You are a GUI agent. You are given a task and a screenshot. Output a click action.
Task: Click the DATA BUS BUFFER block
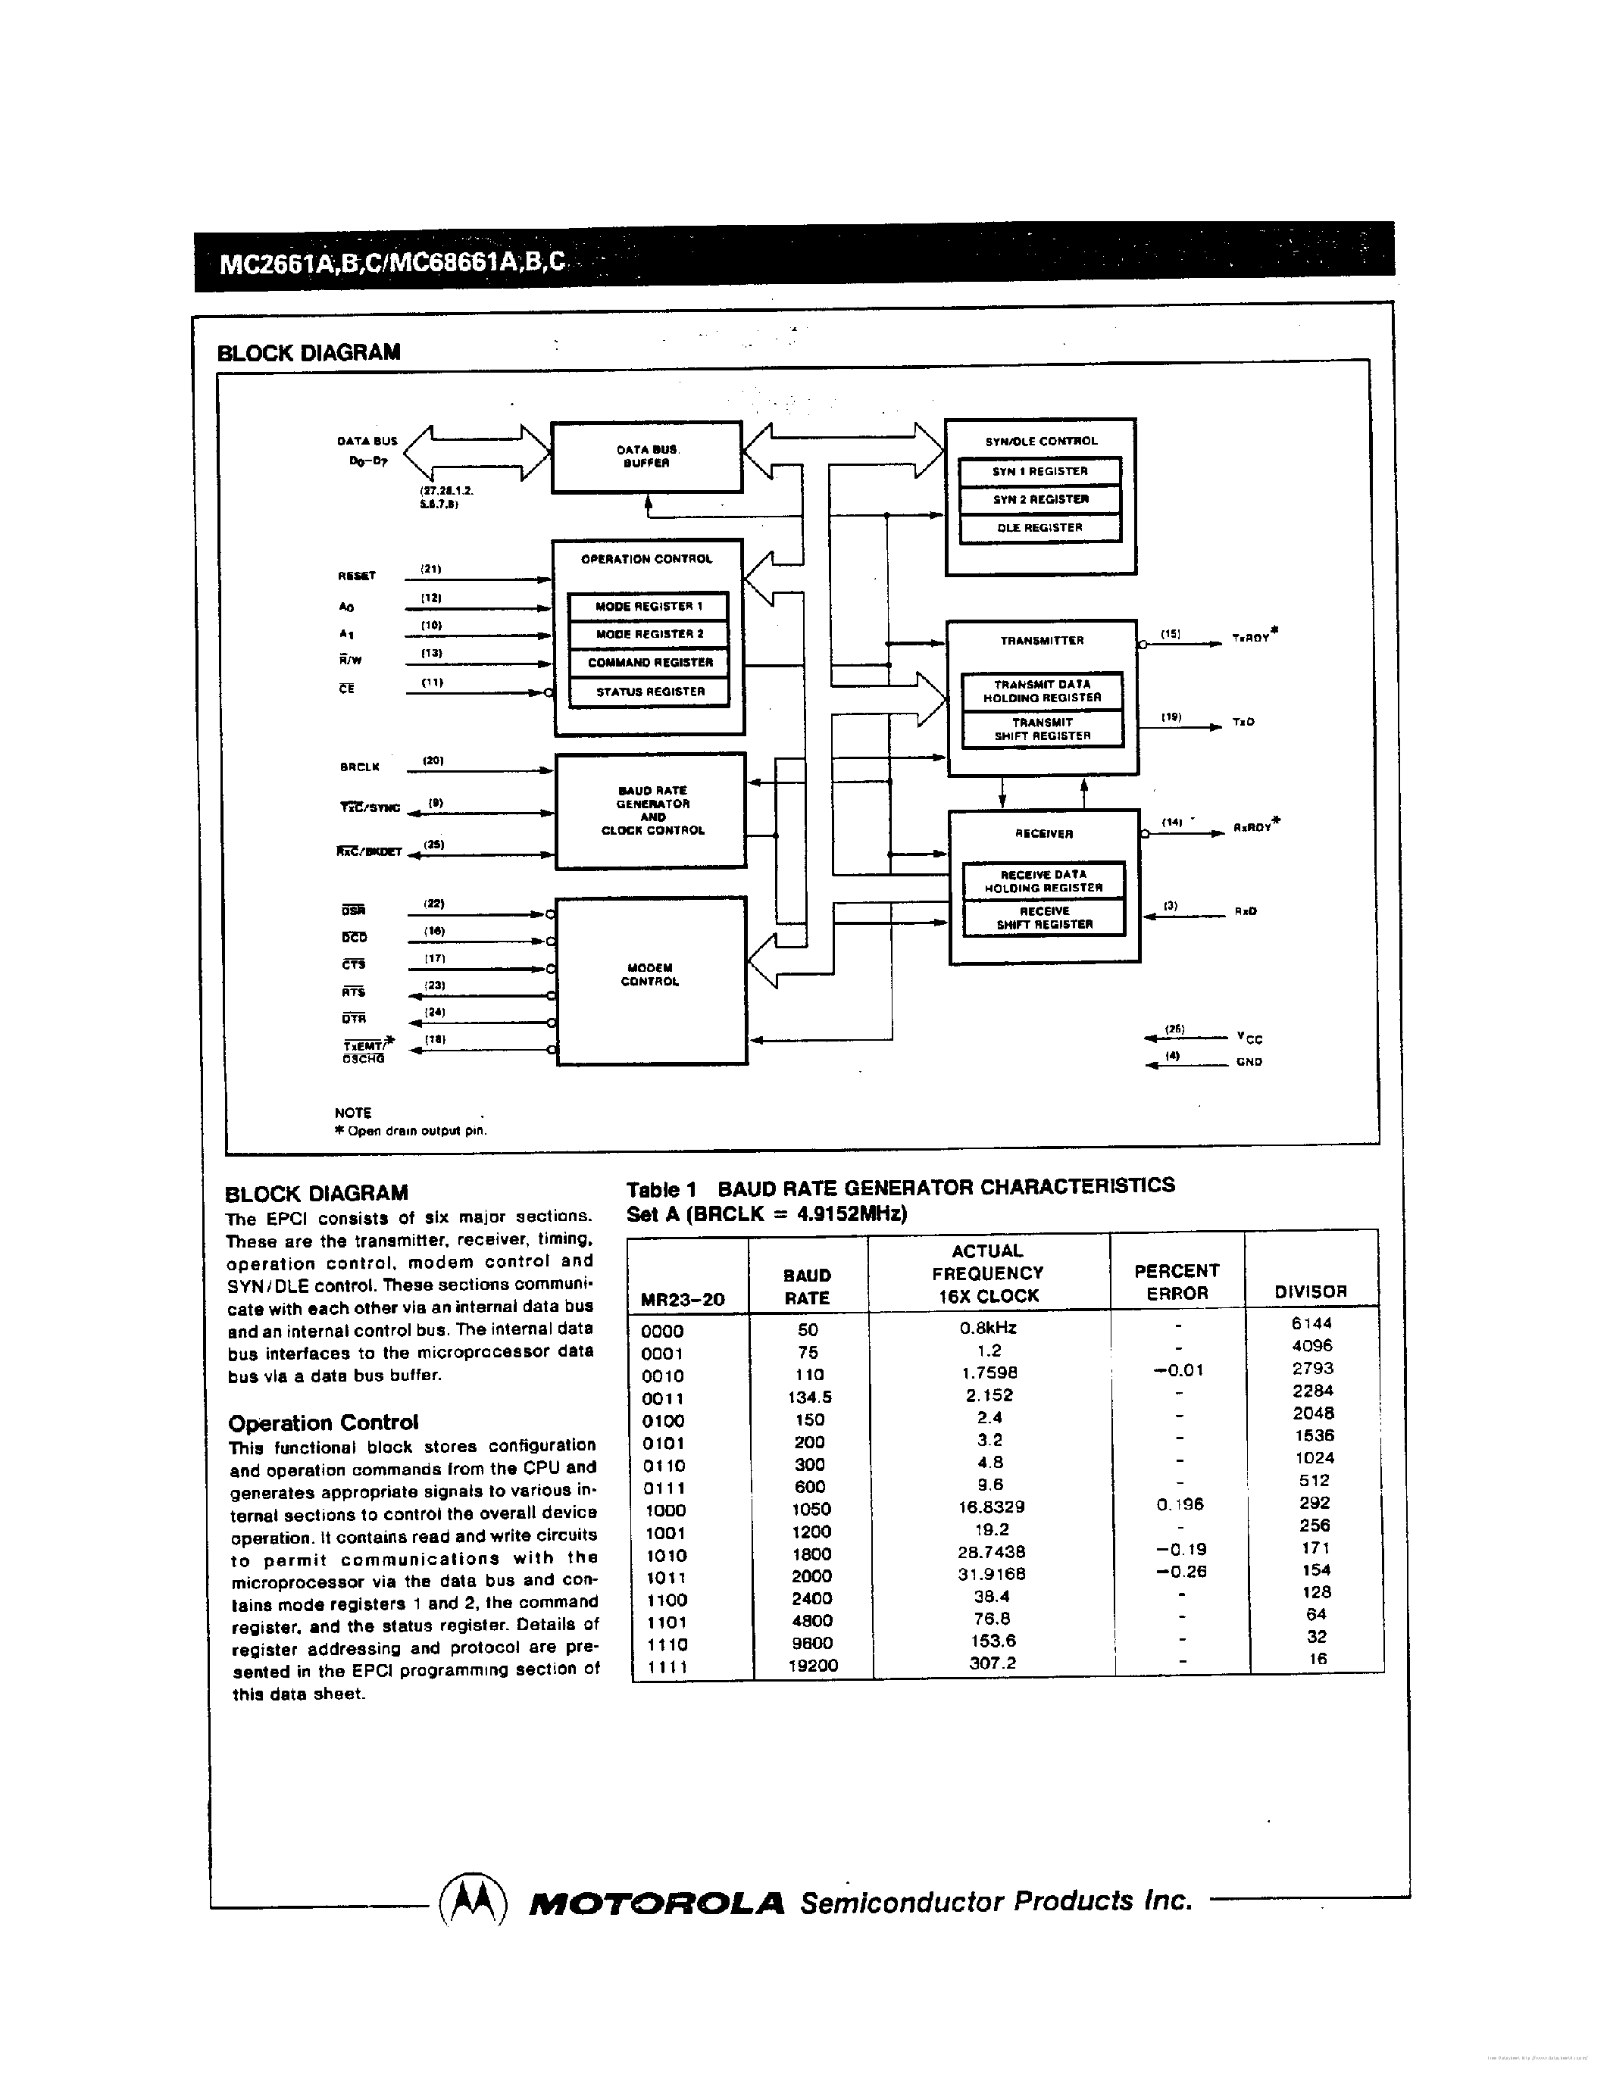click(x=647, y=457)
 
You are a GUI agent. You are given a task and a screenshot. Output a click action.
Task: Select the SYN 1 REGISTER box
click(x=1039, y=471)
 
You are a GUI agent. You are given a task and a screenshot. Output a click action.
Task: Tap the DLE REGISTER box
click(x=1039, y=527)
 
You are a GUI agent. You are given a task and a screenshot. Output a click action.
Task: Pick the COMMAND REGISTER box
click(x=649, y=662)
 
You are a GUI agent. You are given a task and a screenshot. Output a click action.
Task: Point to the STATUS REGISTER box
click(x=649, y=692)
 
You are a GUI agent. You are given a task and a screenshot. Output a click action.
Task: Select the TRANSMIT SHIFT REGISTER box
click(x=1042, y=729)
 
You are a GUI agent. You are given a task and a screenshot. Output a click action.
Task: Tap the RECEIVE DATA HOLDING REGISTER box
click(x=1043, y=881)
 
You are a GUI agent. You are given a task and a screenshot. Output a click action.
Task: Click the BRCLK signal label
click(x=360, y=767)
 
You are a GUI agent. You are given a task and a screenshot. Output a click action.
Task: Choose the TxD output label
click(x=1243, y=722)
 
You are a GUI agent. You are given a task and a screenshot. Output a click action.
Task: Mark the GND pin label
click(x=1249, y=1061)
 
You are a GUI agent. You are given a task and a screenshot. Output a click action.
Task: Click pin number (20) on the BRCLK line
click(x=433, y=760)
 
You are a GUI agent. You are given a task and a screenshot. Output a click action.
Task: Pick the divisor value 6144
click(x=1312, y=1323)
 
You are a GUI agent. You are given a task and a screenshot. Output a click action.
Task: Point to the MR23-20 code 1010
click(x=666, y=1554)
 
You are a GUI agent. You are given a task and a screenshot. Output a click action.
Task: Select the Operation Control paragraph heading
click(x=324, y=1423)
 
